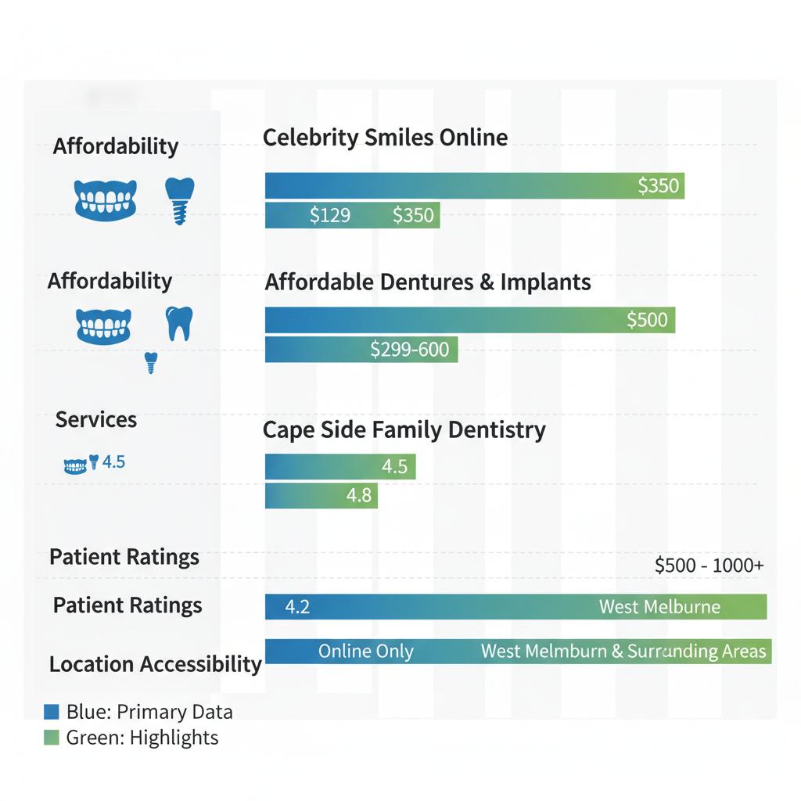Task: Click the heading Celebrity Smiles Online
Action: click(385, 138)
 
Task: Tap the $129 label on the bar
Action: click(329, 215)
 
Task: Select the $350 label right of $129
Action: click(412, 215)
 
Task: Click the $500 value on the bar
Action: click(647, 320)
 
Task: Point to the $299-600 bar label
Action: click(409, 350)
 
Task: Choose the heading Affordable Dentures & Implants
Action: click(428, 282)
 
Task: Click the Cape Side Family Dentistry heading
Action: click(404, 430)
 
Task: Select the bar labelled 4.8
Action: click(321, 496)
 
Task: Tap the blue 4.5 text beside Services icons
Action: click(113, 462)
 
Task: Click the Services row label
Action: click(96, 420)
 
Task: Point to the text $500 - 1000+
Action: click(709, 566)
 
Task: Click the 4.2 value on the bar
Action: click(297, 607)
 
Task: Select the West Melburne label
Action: click(659, 607)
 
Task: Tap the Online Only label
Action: click(365, 652)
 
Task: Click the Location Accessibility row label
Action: click(155, 665)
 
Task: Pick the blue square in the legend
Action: click(52, 712)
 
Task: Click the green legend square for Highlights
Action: click(52, 737)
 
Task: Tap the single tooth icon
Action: click(179, 323)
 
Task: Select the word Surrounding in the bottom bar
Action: click(664, 652)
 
